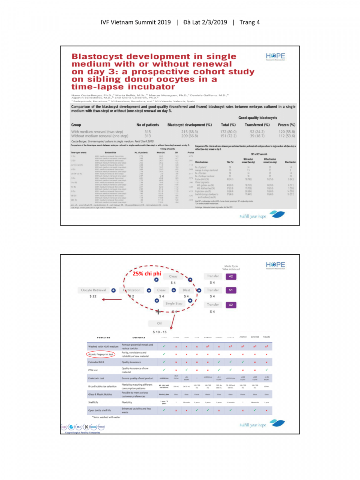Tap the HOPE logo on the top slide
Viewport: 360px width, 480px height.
[x=275, y=57]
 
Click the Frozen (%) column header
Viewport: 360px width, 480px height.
[x=286, y=125]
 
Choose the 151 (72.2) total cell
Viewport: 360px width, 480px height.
[x=228, y=136]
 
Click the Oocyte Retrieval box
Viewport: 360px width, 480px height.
[x=93, y=290]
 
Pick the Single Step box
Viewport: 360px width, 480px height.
[x=174, y=304]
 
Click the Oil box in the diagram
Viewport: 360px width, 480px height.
[x=159, y=323]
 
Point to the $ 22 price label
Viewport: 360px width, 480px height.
[x=93, y=296]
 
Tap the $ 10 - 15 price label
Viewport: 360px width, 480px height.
[x=159, y=332]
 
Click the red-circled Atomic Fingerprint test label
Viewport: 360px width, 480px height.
[x=101, y=354]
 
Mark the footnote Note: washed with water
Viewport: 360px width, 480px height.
[x=106, y=417]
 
